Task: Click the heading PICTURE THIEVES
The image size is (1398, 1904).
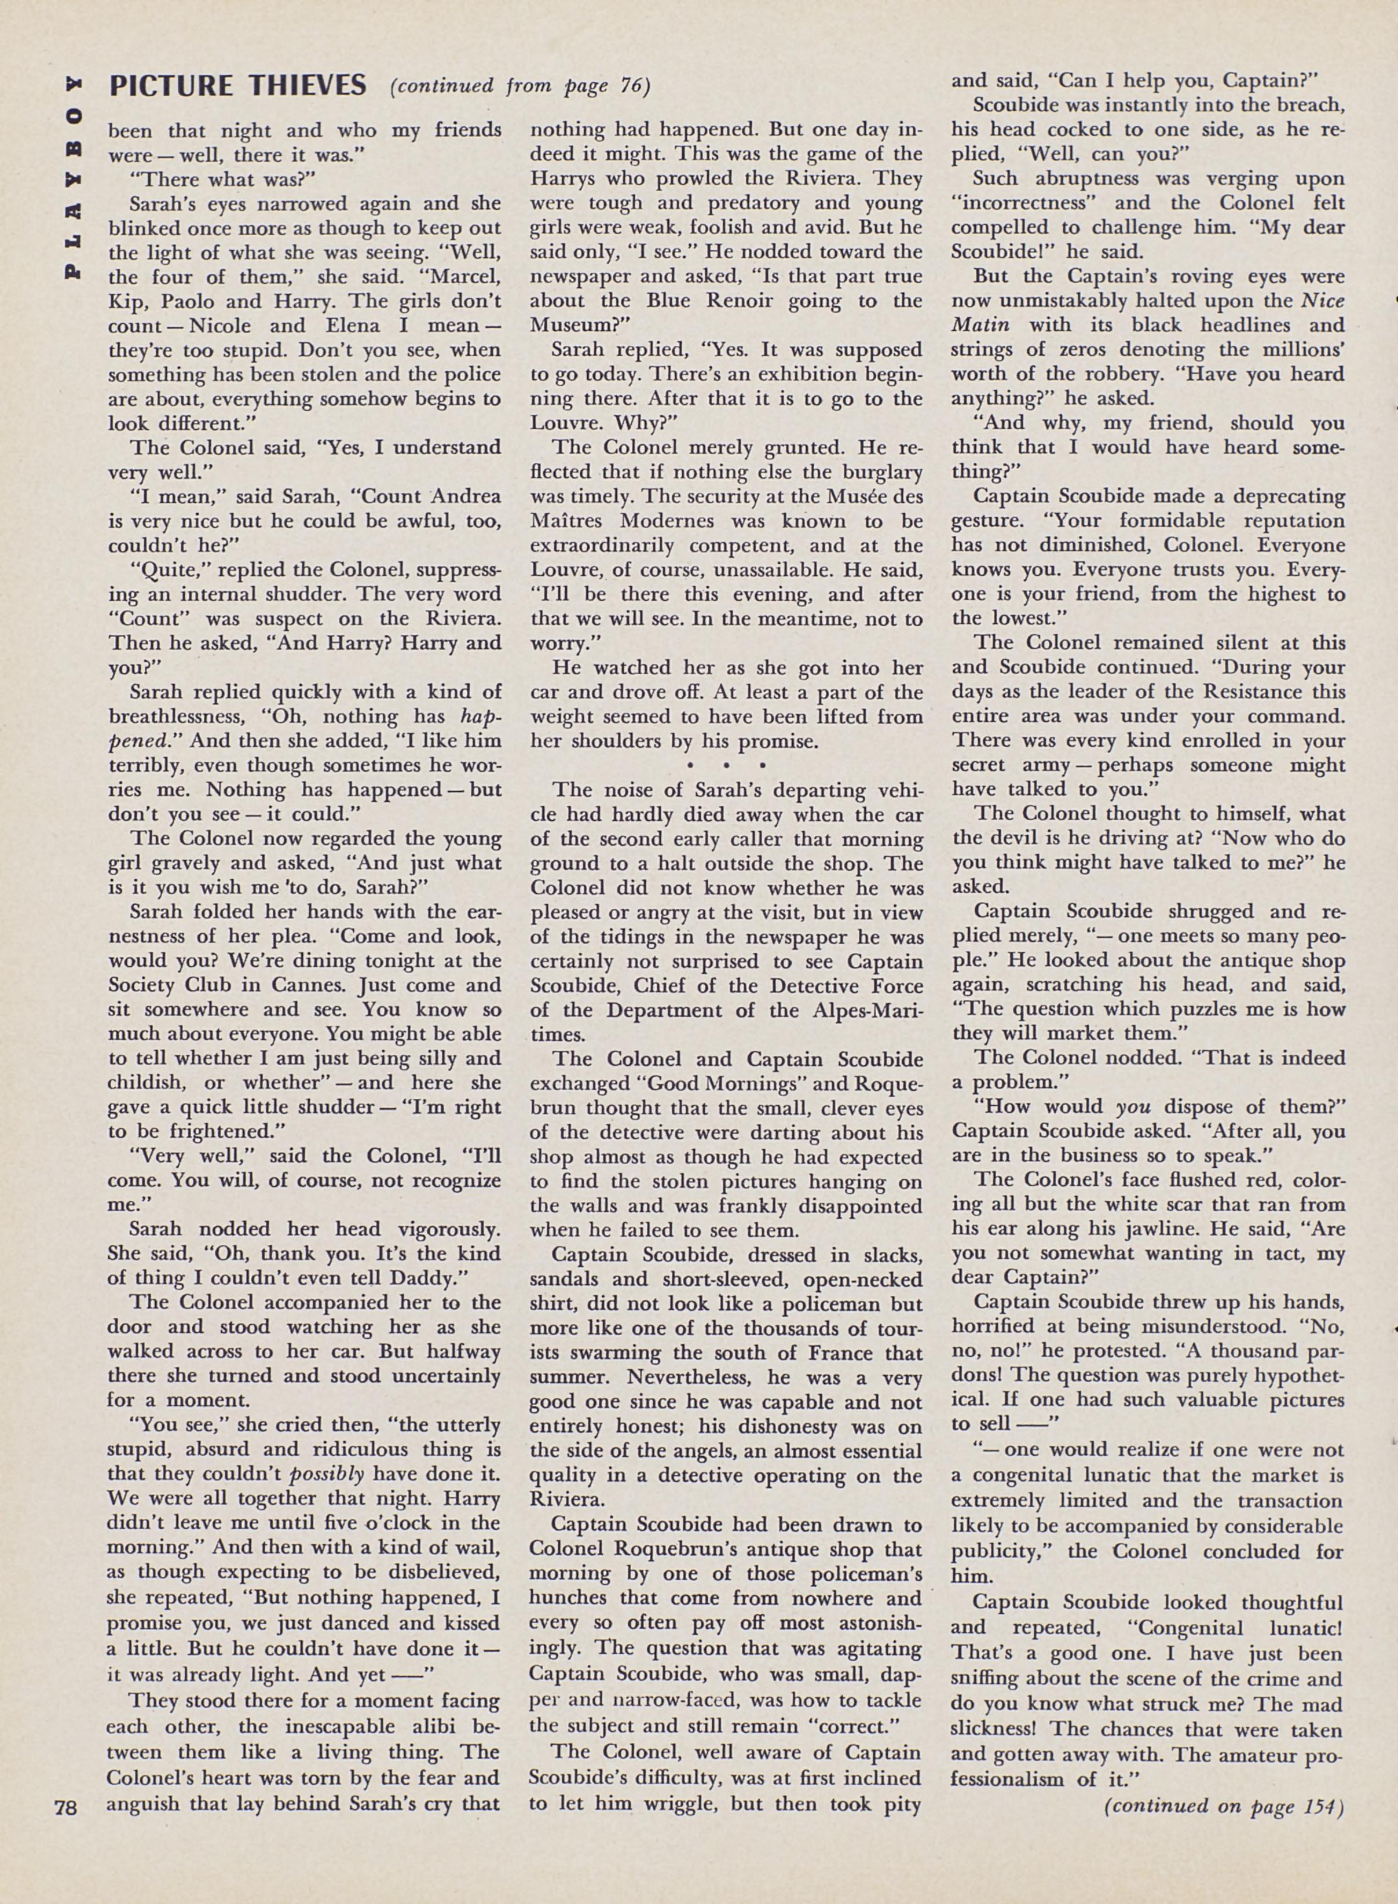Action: click(237, 86)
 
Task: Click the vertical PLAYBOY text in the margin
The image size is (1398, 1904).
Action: click(75, 178)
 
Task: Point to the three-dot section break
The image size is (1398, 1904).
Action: click(726, 766)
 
